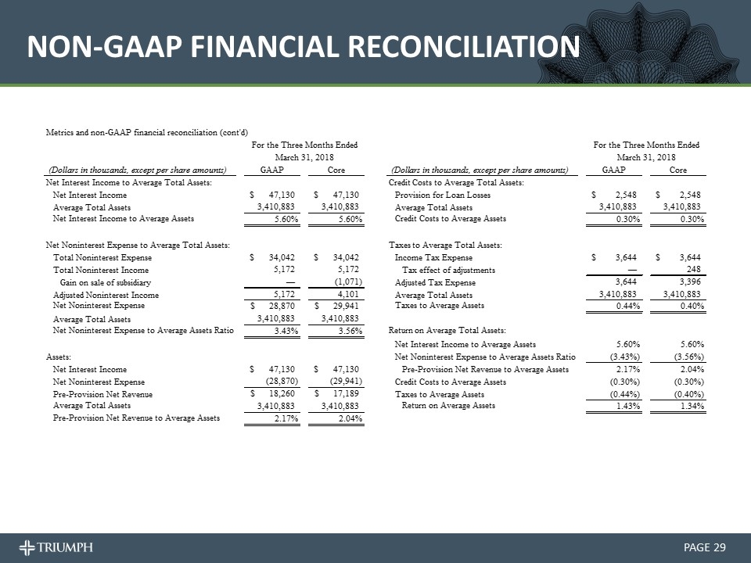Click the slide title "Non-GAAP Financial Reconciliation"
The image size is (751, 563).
click(x=304, y=48)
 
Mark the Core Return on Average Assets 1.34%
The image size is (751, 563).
click(x=692, y=406)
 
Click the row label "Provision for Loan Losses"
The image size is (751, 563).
click(x=444, y=195)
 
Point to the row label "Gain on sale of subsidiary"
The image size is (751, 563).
click(x=105, y=281)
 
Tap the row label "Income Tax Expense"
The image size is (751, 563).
click(x=434, y=258)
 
